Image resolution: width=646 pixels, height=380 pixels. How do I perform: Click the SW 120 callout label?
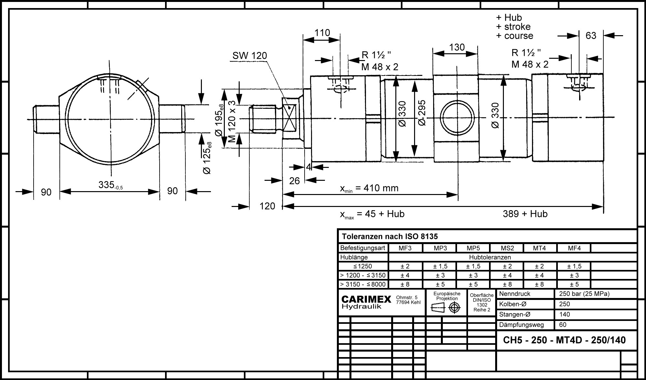click(x=250, y=56)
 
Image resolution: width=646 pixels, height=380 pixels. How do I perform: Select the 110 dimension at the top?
click(x=322, y=33)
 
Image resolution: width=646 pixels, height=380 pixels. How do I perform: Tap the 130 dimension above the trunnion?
click(x=457, y=47)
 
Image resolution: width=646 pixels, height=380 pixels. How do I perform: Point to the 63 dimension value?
click(x=591, y=36)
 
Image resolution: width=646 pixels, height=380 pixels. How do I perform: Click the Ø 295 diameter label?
click(x=422, y=113)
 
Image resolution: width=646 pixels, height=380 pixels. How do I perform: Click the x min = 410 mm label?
click(x=369, y=188)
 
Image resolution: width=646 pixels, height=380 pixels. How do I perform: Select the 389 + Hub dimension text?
click(x=525, y=214)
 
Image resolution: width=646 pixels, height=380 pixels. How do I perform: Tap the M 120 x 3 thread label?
click(x=232, y=121)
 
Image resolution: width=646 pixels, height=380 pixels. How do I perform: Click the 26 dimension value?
click(x=294, y=181)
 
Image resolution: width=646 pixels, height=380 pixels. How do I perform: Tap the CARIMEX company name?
click(x=366, y=300)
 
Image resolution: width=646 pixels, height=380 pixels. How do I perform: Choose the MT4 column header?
click(x=539, y=248)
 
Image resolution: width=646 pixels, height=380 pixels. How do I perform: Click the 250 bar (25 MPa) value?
click(x=584, y=294)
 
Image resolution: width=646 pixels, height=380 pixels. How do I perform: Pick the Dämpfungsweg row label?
click(x=521, y=325)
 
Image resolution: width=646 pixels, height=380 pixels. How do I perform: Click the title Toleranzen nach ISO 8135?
click(x=390, y=237)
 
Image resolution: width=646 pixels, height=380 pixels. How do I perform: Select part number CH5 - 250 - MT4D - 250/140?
click(x=564, y=340)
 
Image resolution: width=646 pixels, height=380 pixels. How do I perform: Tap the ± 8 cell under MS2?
click(x=507, y=284)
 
